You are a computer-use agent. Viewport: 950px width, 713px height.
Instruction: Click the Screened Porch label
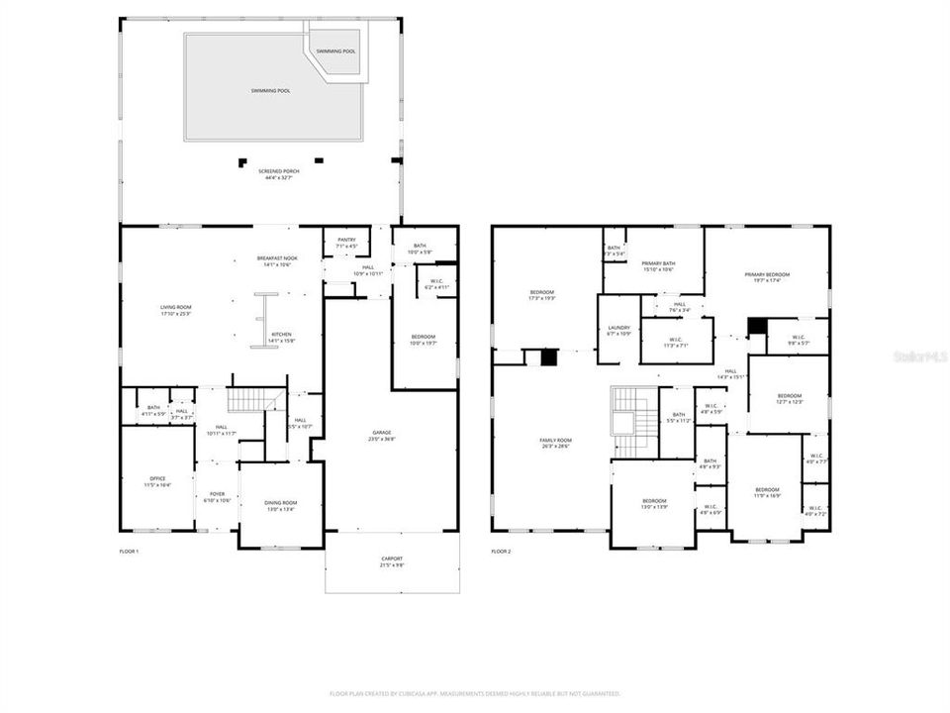[279, 174]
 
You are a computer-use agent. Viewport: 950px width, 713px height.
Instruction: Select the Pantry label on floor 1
[345, 243]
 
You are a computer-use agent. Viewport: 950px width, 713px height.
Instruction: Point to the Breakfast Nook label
[277, 261]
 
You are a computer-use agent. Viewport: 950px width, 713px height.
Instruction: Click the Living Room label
[176, 311]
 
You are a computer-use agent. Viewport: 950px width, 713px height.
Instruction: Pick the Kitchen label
[282, 337]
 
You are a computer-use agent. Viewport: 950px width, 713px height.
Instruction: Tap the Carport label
[392, 563]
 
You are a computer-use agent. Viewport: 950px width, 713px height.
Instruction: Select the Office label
[157, 482]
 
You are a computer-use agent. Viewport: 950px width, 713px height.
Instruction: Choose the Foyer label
[217, 496]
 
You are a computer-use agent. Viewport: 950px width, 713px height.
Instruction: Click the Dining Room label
[280, 506]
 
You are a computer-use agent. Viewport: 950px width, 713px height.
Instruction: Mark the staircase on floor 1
[248, 400]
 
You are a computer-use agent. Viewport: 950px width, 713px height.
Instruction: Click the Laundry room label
[618, 330]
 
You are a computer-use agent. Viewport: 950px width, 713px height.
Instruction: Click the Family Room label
[556, 443]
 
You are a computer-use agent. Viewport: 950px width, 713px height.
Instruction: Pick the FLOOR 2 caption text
[501, 551]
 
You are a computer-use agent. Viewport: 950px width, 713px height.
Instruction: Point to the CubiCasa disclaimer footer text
[474, 693]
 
